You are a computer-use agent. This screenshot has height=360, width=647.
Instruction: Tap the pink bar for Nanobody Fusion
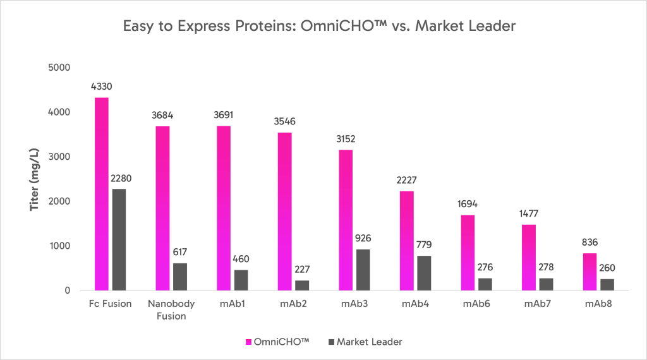coord(162,208)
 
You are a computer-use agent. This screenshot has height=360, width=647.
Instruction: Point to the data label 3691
coord(223,115)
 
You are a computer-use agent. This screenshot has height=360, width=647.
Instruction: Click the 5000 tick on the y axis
coord(57,68)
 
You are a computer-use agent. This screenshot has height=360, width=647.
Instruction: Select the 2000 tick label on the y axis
coord(57,201)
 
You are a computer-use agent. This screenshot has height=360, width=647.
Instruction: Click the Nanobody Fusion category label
coord(171,309)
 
